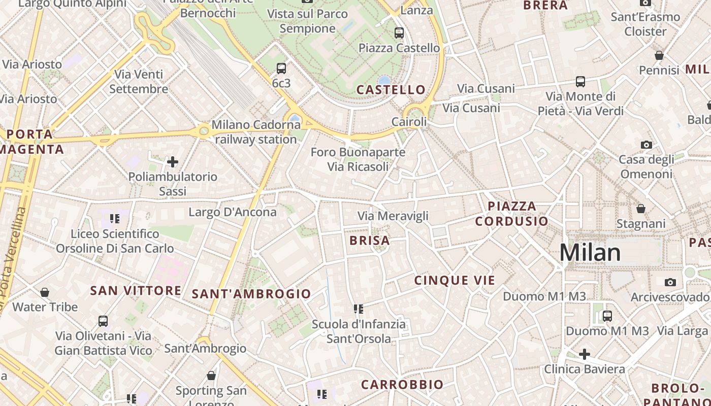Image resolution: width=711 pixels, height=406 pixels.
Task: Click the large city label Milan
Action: tap(590, 253)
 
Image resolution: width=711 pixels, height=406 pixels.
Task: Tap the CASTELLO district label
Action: tap(391, 90)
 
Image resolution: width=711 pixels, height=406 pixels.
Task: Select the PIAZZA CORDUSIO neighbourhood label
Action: tap(512, 214)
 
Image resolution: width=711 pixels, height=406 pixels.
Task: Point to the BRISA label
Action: tap(370, 241)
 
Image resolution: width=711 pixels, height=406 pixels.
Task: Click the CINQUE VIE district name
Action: tap(455, 280)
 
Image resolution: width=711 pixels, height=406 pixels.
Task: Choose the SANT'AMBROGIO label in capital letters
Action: tap(251, 294)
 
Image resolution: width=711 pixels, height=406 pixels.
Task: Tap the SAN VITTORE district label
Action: tap(136, 291)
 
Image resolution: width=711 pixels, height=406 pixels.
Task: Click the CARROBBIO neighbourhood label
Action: tap(402, 385)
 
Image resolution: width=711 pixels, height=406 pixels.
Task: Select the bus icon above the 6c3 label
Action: tap(281, 69)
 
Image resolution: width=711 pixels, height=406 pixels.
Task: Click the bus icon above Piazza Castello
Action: tap(399, 33)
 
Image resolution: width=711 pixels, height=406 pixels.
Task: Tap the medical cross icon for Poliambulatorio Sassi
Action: tap(173, 162)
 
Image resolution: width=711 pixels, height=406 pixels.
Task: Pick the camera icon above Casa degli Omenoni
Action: tap(646, 145)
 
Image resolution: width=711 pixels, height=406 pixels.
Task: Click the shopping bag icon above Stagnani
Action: tap(641, 209)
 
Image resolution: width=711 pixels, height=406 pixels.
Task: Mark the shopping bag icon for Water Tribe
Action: tap(45, 292)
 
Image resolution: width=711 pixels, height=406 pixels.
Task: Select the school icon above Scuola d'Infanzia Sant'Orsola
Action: tap(359, 309)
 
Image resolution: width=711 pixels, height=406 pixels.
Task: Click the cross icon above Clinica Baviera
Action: tap(585, 354)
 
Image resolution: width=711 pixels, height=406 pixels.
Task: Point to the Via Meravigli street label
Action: tap(393, 216)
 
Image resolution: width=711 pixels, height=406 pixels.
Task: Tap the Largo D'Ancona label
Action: tap(233, 212)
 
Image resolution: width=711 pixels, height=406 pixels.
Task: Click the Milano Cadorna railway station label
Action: tap(256, 132)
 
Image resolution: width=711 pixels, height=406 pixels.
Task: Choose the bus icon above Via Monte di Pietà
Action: tap(580, 81)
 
